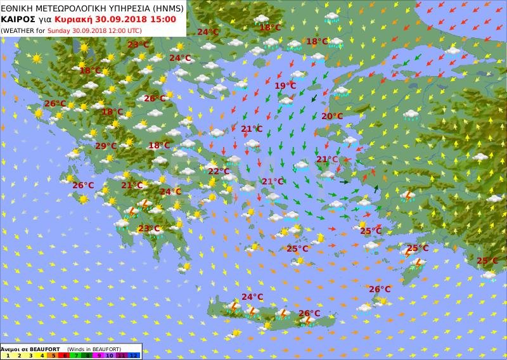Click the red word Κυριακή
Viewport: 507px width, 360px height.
click(x=77, y=18)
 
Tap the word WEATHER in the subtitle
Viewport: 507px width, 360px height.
click(x=20, y=30)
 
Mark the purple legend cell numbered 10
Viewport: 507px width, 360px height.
click(x=109, y=356)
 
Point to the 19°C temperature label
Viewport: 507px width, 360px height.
click(x=285, y=86)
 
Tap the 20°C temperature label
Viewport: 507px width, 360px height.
click(x=331, y=116)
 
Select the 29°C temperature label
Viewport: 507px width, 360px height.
click(x=106, y=146)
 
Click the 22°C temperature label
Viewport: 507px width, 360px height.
click(x=219, y=171)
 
